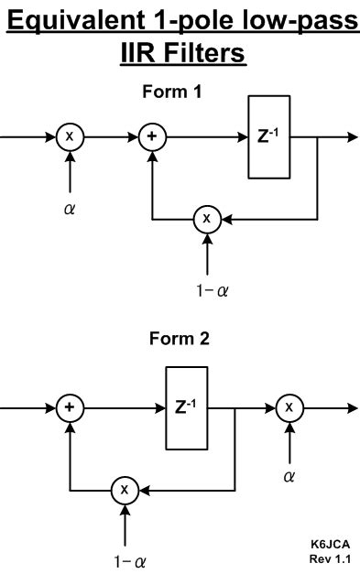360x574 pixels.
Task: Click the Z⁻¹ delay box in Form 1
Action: pyautogui.click(x=269, y=136)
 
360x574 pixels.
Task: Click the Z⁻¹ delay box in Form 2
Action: pyautogui.click(x=188, y=407)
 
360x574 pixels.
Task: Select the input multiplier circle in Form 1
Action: pyautogui.click(x=70, y=136)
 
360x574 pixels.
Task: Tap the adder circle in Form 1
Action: pyautogui.click(x=151, y=136)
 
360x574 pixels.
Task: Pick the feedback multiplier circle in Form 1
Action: pyautogui.click(x=207, y=219)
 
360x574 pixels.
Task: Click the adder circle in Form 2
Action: pyautogui.click(x=70, y=407)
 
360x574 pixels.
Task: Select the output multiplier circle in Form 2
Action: pyautogui.click(x=289, y=407)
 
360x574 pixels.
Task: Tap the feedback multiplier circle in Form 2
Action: pyautogui.click(x=125, y=490)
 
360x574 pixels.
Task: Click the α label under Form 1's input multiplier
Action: pyautogui.click(x=70, y=208)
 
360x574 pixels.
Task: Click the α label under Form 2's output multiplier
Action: pyautogui.click(x=289, y=477)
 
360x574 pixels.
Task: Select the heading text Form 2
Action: pyautogui.click(x=180, y=339)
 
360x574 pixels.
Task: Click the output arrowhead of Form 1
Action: pyautogui.click(x=353, y=136)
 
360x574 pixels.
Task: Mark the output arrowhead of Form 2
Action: pyautogui.click(x=353, y=407)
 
